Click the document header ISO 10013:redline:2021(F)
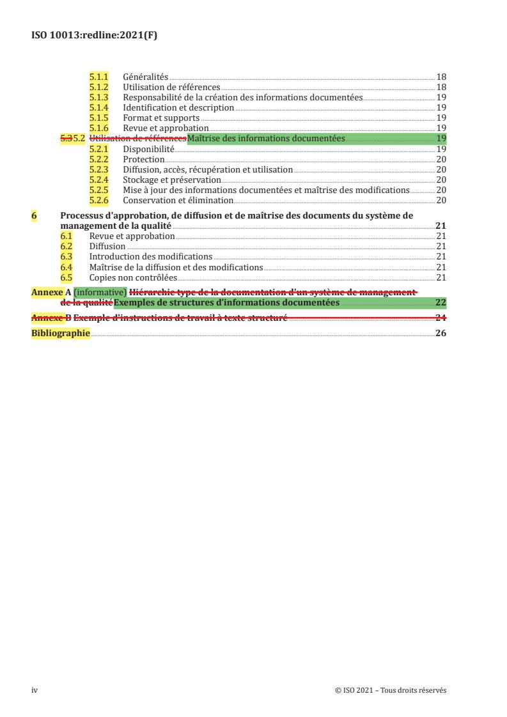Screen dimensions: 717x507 click(94, 36)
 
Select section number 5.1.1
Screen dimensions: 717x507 click(98, 77)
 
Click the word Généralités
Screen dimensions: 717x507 click(146, 77)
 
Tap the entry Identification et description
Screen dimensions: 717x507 click(178, 107)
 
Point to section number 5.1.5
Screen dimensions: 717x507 click(98, 118)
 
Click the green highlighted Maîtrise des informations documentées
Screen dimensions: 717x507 click(266, 138)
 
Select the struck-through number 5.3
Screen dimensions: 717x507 click(66, 138)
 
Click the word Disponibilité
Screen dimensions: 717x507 click(148, 149)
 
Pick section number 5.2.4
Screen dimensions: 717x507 click(98, 180)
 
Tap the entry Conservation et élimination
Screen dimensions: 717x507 click(178, 200)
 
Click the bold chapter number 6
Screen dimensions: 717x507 click(34, 216)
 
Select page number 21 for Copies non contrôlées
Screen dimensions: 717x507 click(441, 278)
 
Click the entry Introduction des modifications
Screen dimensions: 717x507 click(151, 257)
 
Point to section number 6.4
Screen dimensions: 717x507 click(66, 267)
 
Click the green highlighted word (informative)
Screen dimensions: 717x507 click(100, 293)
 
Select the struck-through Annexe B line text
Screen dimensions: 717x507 click(180, 318)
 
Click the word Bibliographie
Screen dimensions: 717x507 click(61, 333)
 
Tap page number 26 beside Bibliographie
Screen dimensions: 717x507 click(441, 333)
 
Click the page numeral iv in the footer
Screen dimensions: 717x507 click(35, 690)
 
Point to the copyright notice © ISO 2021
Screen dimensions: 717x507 click(390, 690)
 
